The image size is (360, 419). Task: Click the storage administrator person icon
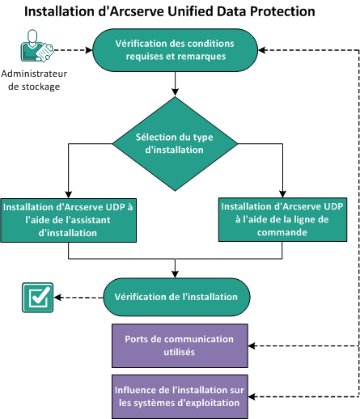coord(36,49)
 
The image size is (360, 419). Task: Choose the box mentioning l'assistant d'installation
coord(68,218)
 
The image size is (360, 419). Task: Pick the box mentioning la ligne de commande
coord(279,217)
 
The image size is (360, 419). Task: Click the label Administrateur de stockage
coord(36,81)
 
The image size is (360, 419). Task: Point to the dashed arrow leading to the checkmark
coord(77,297)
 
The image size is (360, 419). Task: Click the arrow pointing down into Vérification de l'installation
coord(176,270)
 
